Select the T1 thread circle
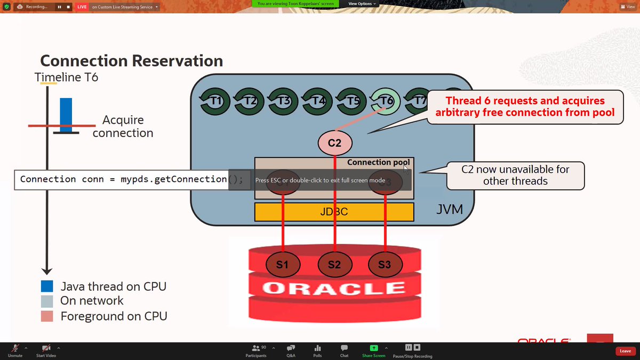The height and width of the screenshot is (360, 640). [x=215, y=101]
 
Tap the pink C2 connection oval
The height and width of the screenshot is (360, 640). [x=334, y=142]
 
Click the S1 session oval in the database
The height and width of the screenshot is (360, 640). [x=282, y=265]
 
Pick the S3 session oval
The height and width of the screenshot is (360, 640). [x=385, y=265]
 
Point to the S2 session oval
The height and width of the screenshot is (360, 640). [x=334, y=265]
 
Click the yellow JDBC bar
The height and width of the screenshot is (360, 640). [x=334, y=212]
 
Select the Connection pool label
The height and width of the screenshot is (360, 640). [x=379, y=162]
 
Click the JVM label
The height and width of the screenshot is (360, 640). [x=449, y=210]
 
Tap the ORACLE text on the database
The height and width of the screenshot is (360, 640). [x=334, y=289]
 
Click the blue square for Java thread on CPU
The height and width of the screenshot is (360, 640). [x=47, y=286]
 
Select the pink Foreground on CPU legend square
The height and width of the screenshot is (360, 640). [x=47, y=316]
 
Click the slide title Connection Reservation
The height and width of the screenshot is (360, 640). [x=131, y=60]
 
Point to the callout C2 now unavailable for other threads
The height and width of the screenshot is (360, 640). [x=515, y=175]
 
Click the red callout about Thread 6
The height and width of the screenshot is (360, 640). [x=525, y=107]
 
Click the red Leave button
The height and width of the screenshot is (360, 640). [x=625, y=351]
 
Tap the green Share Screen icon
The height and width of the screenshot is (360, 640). [x=373, y=347]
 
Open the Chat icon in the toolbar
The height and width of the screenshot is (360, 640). [x=344, y=347]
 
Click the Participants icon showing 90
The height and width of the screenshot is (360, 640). [x=256, y=347]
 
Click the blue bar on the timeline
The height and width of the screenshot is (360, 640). [x=66, y=115]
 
